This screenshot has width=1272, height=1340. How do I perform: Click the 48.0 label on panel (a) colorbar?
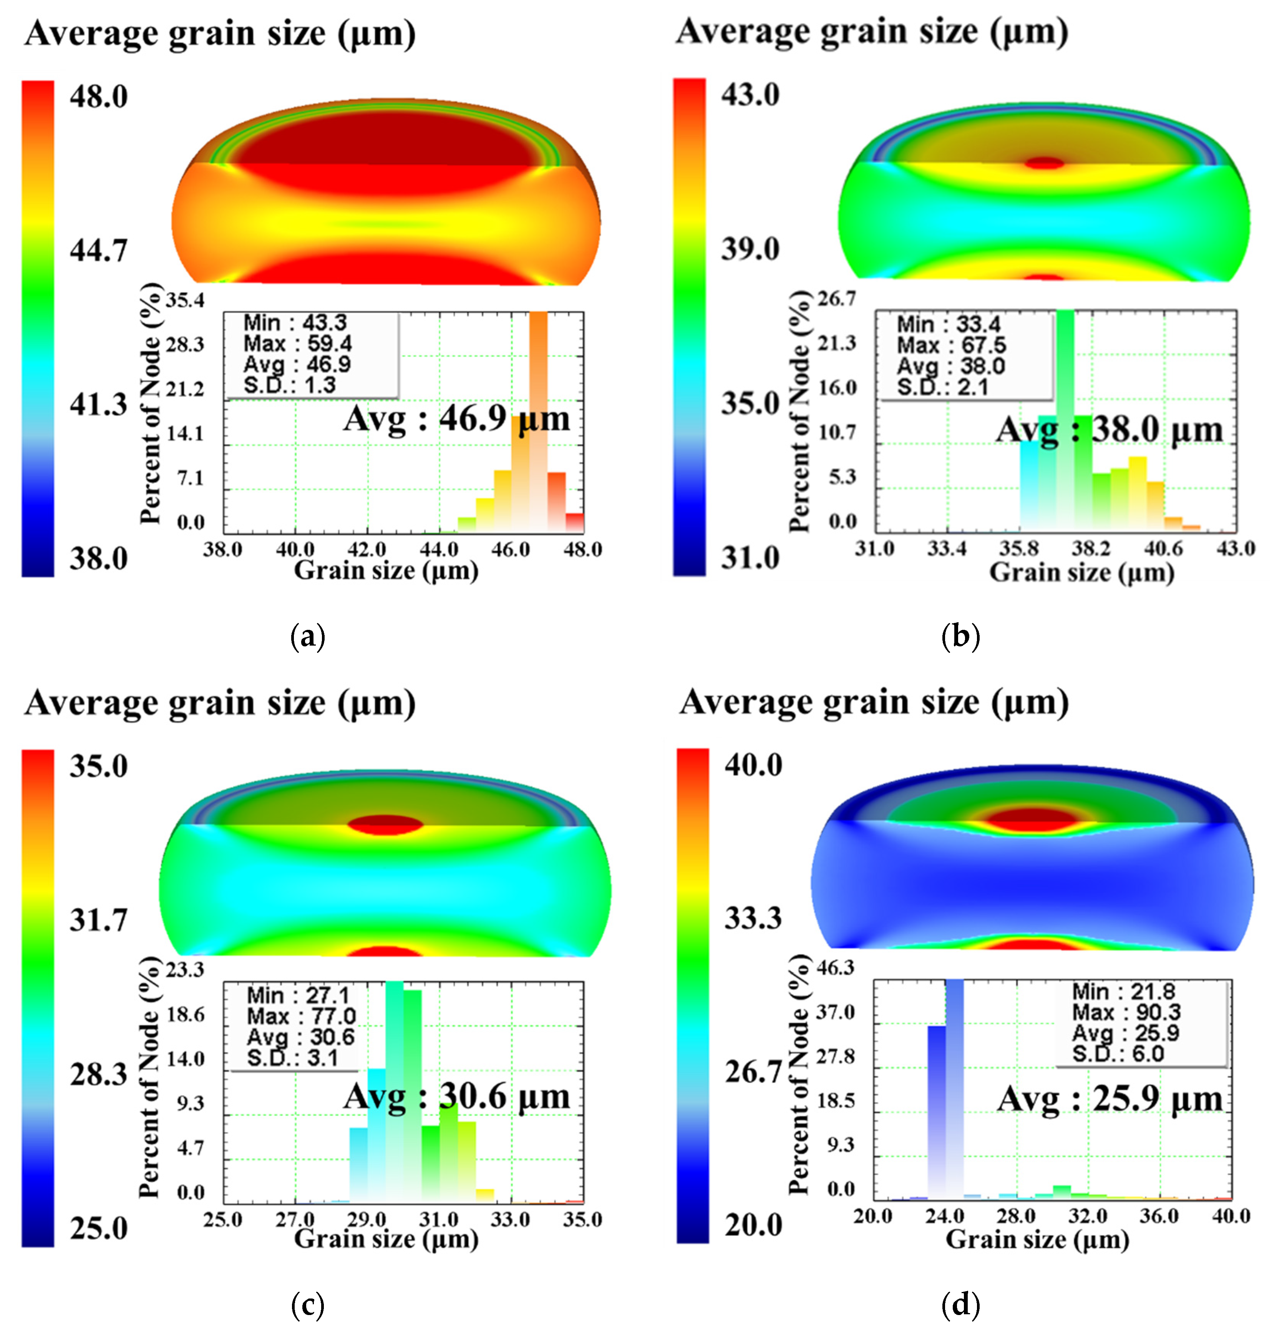(x=98, y=97)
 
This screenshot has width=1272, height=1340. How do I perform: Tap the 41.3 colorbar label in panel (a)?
(x=98, y=405)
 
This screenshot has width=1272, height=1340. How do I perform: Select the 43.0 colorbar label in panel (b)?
(x=750, y=94)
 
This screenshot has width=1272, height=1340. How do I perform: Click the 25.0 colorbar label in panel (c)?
(x=98, y=1228)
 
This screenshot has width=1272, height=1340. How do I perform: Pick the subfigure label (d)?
(x=960, y=1304)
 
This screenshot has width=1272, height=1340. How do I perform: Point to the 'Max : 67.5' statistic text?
(x=951, y=345)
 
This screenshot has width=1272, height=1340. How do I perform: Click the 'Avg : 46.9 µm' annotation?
(x=456, y=418)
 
